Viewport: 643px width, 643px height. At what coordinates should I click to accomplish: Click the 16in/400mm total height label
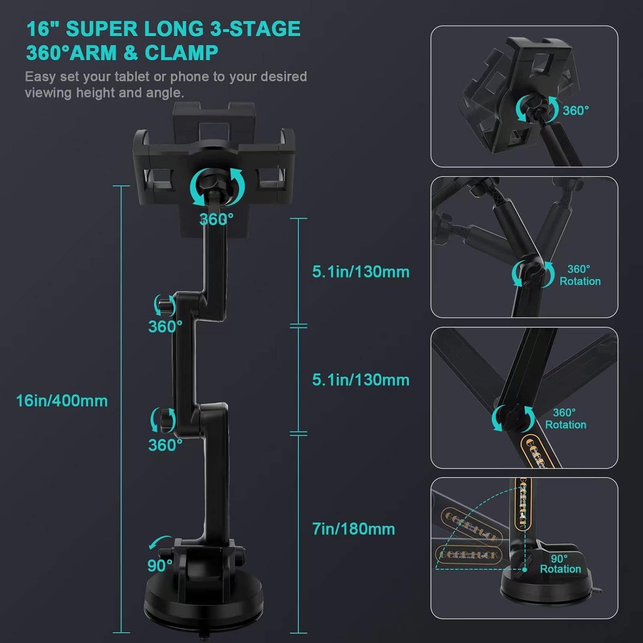[62, 401]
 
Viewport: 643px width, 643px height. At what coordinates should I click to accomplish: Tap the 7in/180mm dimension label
[353, 529]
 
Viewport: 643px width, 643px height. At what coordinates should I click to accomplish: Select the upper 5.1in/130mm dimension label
[361, 272]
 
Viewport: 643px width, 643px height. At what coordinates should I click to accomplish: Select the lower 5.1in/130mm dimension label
[361, 380]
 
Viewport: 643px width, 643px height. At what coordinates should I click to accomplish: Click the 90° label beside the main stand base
[159, 566]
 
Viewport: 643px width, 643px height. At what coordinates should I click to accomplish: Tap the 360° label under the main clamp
[216, 219]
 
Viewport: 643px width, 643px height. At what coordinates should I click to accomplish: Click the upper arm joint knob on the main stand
[165, 305]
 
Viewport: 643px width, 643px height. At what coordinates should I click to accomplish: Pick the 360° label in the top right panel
[575, 111]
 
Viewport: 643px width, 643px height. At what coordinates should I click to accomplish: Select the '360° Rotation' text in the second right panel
[580, 275]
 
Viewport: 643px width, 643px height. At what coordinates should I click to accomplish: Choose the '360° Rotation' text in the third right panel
[565, 419]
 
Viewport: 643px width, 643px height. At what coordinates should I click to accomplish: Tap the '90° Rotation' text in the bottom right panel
[560, 564]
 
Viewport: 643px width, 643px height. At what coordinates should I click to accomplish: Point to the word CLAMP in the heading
[181, 53]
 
